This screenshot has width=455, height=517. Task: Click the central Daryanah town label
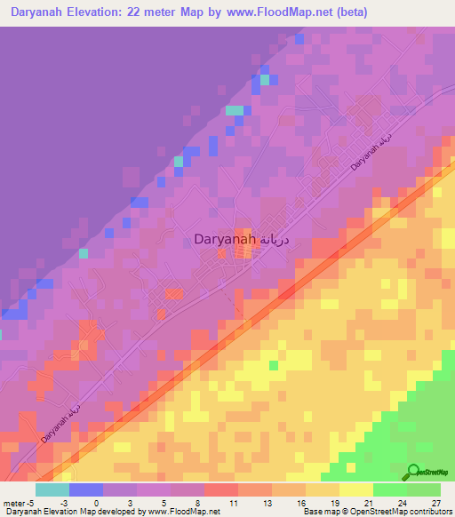(226, 239)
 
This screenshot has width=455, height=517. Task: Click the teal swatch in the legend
(52, 489)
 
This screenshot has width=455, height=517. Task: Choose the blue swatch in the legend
(86, 489)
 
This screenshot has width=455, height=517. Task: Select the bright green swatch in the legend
(390, 489)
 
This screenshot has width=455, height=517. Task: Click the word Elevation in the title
(107, 12)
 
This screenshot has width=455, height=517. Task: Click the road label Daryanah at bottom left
(59, 426)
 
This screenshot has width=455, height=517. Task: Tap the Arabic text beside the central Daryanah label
(279, 239)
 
